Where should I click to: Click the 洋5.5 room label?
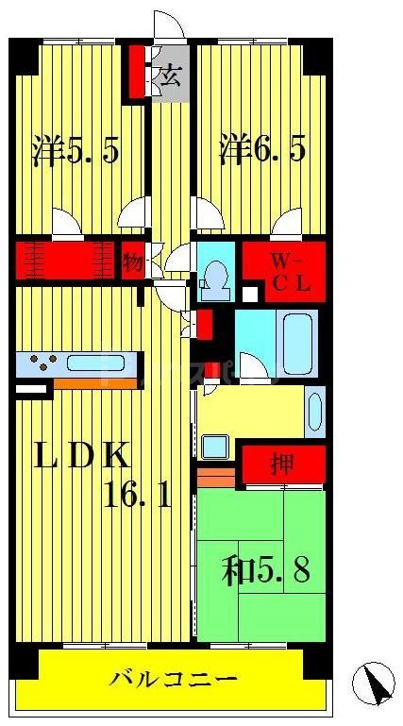point(76,151)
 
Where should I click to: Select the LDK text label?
point(82,457)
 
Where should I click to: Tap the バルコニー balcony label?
point(172,678)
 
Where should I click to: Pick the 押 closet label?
point(281,464)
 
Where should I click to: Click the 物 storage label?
point(132,262)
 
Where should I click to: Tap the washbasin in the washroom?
point(314,411)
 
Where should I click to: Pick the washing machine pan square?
point(213,445)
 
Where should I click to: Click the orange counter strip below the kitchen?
point(94,383)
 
